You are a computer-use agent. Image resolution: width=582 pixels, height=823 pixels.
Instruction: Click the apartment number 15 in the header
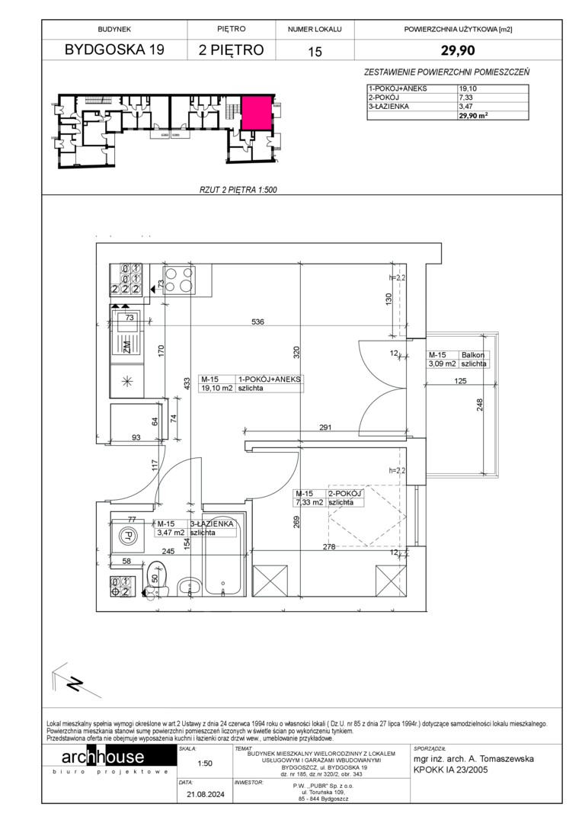[x=315, y=52]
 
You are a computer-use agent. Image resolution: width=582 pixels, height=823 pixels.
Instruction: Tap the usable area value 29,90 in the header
[x=458, y=50]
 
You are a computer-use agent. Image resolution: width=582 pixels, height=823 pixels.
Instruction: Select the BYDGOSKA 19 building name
[x=114, y=50]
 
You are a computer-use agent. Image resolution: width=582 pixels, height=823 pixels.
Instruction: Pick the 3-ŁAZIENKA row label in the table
[x=389, y=106]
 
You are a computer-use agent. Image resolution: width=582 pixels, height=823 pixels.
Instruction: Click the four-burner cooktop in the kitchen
[x=180, y=279]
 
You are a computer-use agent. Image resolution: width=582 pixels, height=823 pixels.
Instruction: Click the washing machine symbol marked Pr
[x=126, y=536]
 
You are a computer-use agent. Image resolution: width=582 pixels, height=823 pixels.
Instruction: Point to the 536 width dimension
[x=257, y=322]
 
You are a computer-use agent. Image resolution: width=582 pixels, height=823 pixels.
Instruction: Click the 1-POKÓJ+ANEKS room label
[x=270, y=379]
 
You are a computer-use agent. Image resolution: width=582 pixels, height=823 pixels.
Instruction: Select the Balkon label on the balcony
[x=473, y=355]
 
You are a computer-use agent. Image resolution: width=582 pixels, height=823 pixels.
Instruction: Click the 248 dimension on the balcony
[x=480, y=405]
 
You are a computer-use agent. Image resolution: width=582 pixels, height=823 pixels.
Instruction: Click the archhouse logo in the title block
[x=103, y=757]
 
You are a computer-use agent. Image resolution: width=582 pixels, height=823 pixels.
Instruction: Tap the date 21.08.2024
[x=205, y=794]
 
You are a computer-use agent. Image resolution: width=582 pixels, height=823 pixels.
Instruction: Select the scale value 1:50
[x=205, y=763]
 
